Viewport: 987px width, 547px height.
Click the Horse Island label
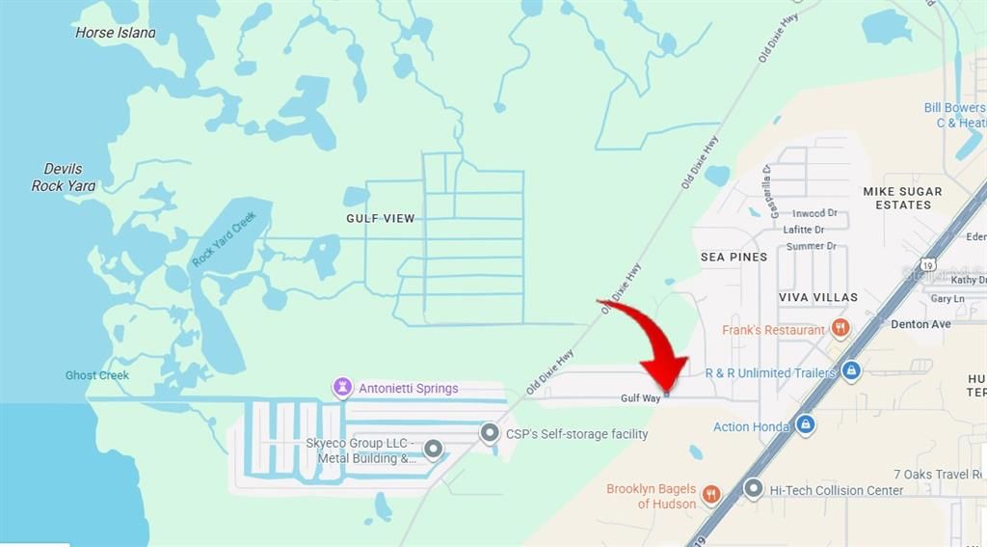(115, 32)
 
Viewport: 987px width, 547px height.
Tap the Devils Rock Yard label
(64, 178)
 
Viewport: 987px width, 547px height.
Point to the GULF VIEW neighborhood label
(381, 218)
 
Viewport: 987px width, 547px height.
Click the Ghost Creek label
(97, 375)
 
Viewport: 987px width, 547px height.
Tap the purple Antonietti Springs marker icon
(342, 388)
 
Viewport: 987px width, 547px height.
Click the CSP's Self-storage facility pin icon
(491, 433)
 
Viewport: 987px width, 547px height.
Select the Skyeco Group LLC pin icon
(433, 449)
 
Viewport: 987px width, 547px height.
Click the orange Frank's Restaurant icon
(840, 329)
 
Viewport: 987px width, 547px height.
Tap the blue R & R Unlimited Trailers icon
(850, 370)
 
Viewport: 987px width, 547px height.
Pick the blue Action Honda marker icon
(806, 424)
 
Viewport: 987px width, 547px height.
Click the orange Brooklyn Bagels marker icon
(712, 495)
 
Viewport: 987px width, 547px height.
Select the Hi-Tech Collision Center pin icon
(754, 489)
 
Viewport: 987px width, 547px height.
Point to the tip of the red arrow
(667, 393)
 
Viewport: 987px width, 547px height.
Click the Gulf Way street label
(639, 398)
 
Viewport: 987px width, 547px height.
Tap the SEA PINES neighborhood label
(734, 257)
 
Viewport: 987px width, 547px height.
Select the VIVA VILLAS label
(818, 297)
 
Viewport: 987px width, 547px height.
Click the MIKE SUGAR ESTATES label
(903, 198)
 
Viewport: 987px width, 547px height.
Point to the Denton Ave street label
(920, 324)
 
